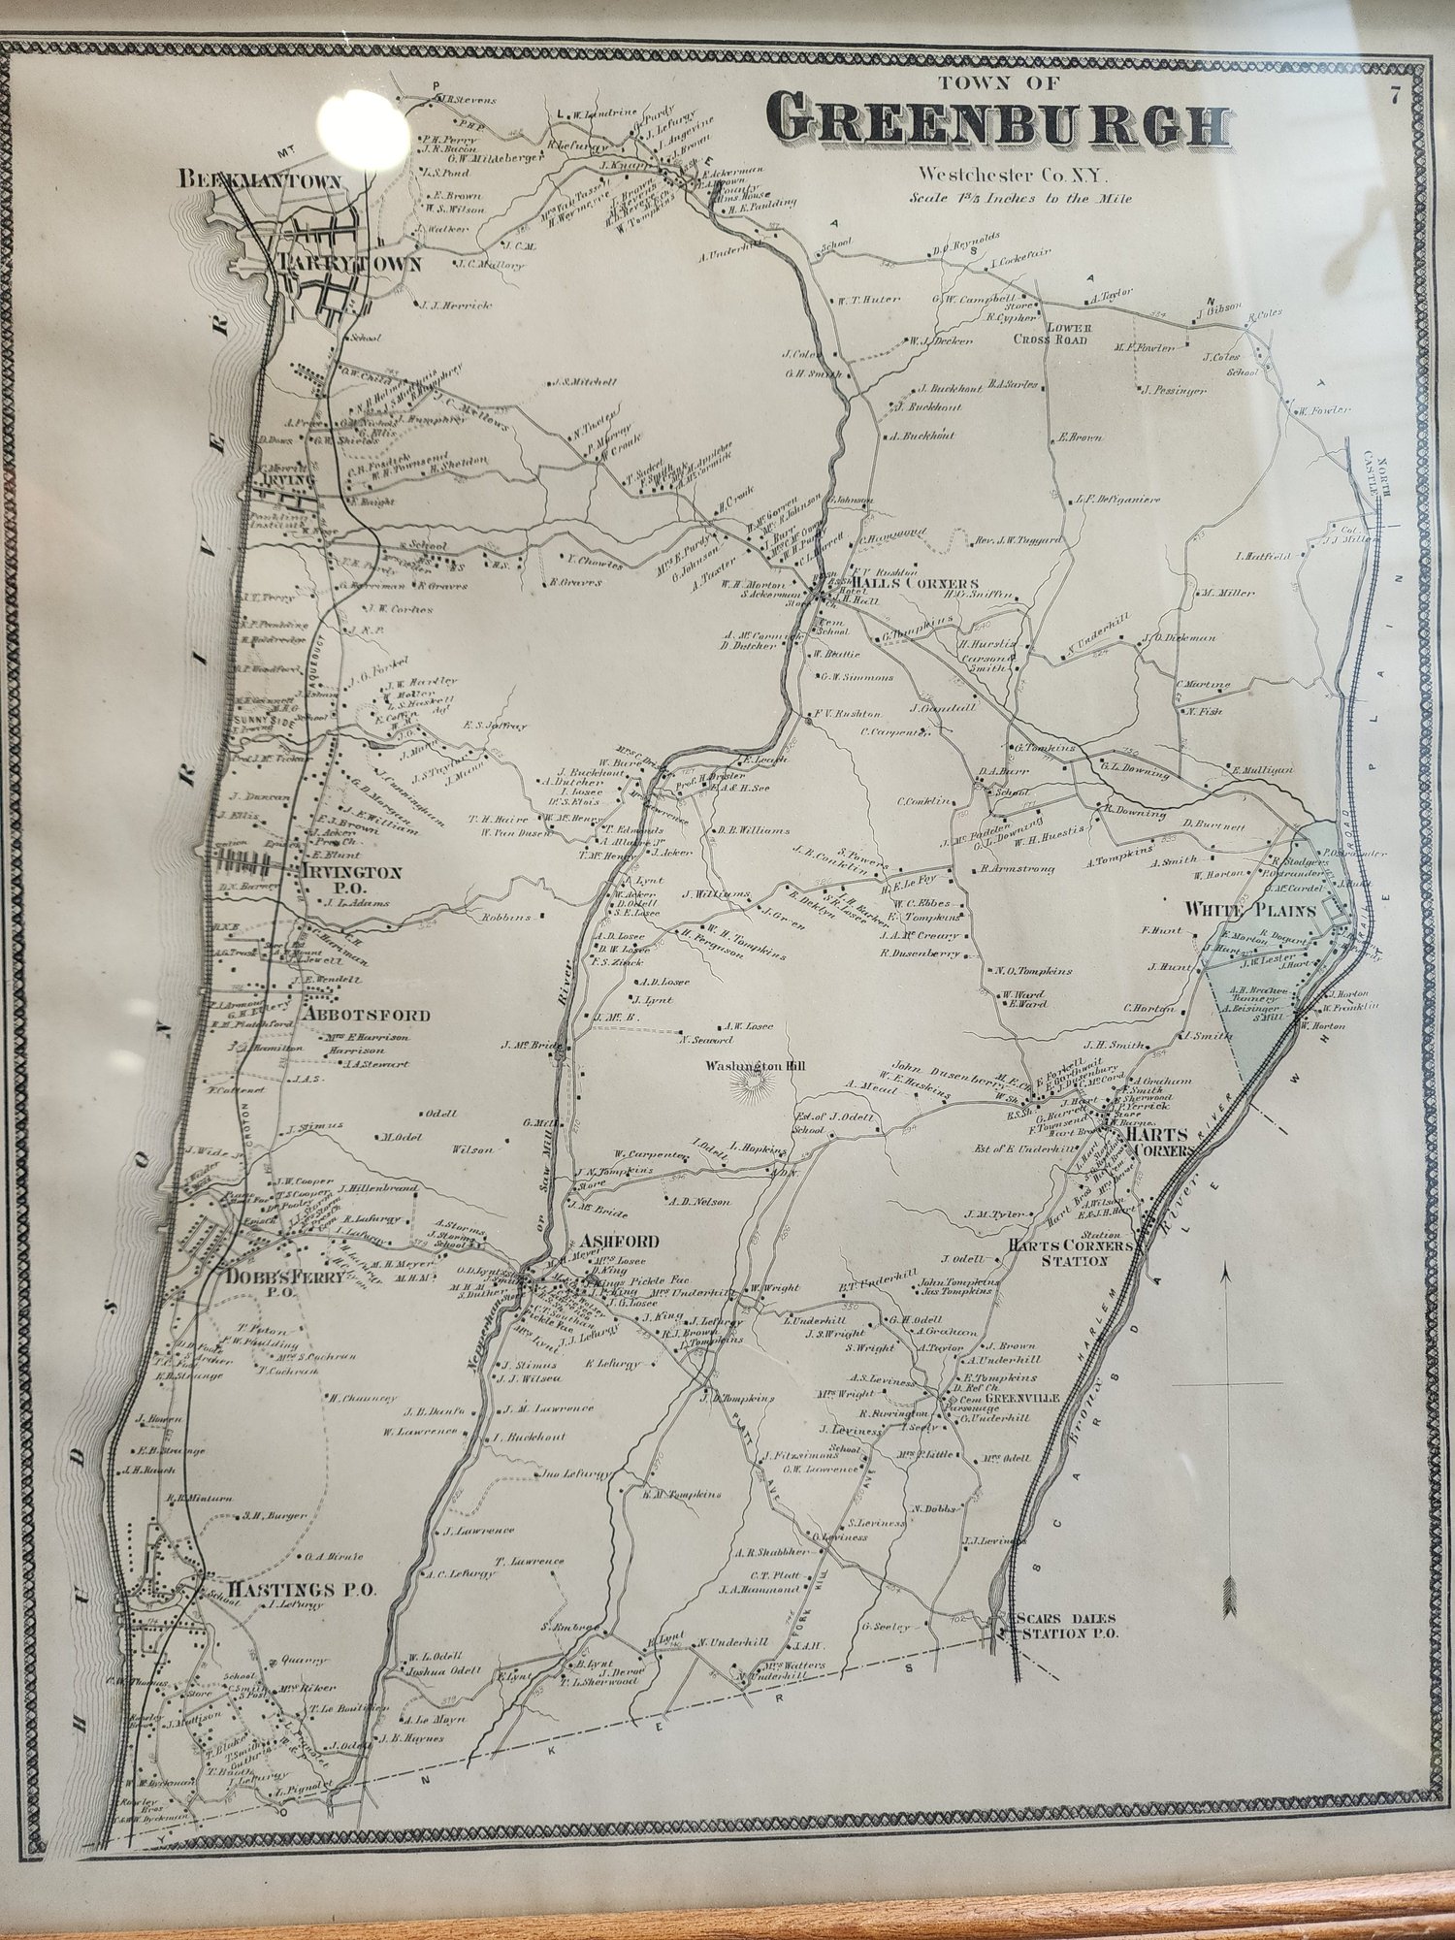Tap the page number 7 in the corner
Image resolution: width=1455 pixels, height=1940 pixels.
click(1394, 94)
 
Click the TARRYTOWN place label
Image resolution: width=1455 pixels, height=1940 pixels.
click(347, 264)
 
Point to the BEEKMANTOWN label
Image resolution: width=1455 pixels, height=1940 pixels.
click(259, 179)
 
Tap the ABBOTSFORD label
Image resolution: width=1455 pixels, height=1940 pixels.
click(367, 1015)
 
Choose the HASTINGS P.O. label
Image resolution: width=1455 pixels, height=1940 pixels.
click(301, 1590)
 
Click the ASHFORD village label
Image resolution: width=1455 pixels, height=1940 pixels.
click(606, 1242)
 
